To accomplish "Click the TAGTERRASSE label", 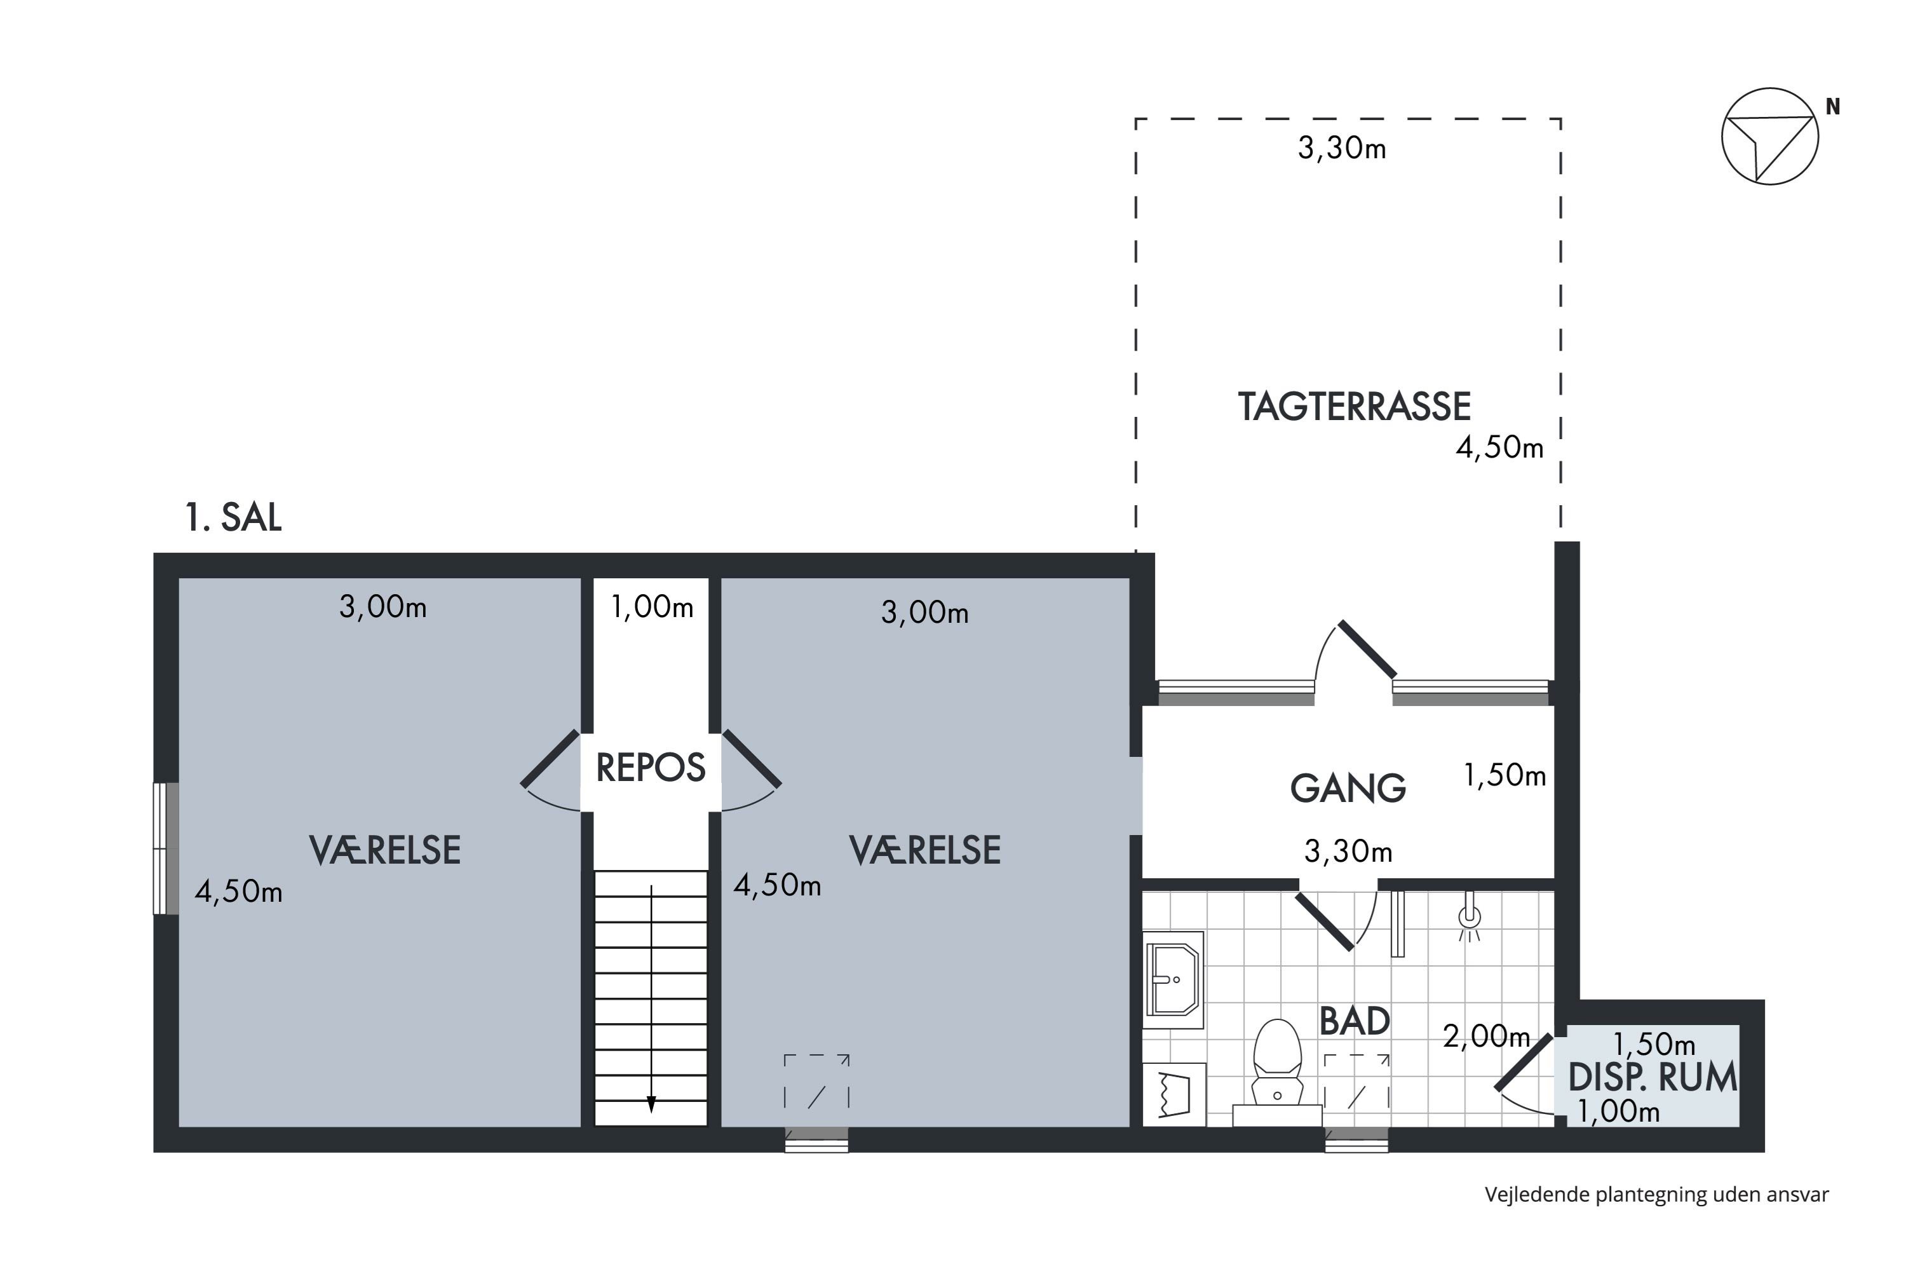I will (x=1354, y=407).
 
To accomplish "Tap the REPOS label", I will (x=651, y=768).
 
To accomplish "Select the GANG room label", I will (x=1348, y=788).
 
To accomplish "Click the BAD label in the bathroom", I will (x=1354, y=1021).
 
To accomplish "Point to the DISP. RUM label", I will (x=1653, y=1077).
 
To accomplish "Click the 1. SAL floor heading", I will (x=233, y=517).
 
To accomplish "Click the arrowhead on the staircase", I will (x=651, y=1105).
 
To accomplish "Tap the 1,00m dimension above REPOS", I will (x=652, y=606).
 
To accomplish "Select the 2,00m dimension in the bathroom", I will (x=1485, y=1036).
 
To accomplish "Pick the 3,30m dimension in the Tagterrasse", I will (x=1341, y=148).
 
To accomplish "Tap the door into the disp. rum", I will (x=1524, y=1063).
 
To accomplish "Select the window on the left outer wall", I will (x=166, y=848).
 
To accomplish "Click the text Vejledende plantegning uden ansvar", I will (x=1656, y=1194).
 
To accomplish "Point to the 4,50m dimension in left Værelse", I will (x=238, y=892).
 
